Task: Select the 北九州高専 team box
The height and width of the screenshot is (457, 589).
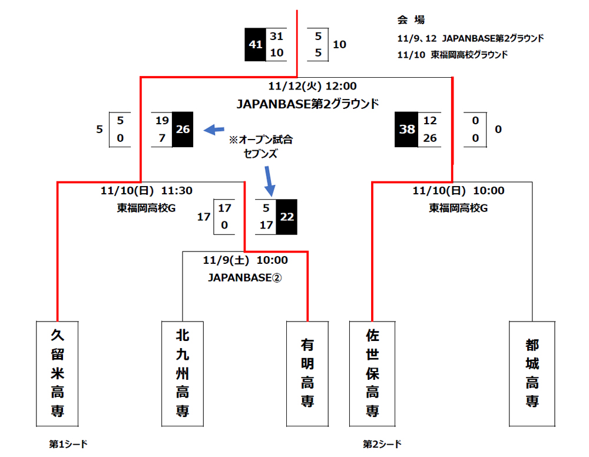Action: pyautogui.click(x=183, y=373)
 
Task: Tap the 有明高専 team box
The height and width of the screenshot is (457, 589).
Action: pyautogui.click(x=307, y=373)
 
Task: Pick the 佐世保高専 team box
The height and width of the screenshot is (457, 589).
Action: pyautogui.click(x=372, y=373)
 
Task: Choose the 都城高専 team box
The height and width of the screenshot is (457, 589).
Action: pyautogui.click(x=532, y=373)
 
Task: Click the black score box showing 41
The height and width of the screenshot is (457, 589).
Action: pyautogui.click(x=256, y=45)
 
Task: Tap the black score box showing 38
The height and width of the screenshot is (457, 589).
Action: pyautogui.click(x=407, y=130)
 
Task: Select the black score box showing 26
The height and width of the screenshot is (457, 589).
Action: pyautogui.click(x=183, y=130)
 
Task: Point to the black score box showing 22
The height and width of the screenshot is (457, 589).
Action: pyautogui.click(x=287, y=216)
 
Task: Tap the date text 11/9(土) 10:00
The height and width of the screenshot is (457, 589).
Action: pyautogui.click(x=245, y=260)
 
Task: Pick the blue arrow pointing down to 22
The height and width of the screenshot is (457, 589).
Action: pyautogui.click(x=269, y=181)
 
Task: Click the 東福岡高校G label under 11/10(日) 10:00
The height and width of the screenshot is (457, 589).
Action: pyautogui.click(x=458, y=208)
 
